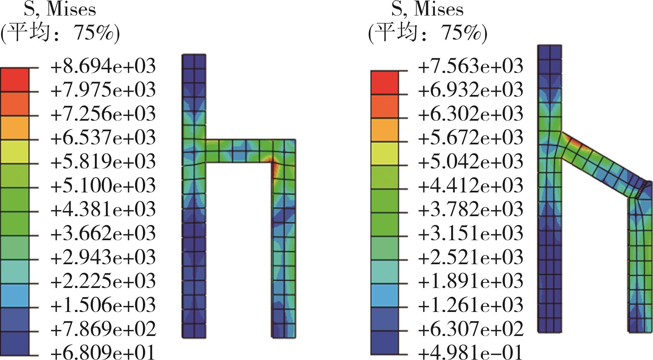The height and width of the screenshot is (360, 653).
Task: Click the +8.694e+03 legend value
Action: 103,66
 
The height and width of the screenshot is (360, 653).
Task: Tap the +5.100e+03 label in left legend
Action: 103,186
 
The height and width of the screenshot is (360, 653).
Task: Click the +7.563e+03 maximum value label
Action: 470,66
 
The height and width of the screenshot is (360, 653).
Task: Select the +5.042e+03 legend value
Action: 470,161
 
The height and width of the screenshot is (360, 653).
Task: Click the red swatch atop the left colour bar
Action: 15,80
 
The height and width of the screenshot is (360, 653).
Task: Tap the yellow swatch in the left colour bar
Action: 15,152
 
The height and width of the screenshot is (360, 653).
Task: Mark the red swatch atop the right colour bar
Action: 384,83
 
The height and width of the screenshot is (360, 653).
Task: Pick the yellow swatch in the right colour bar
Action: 384,154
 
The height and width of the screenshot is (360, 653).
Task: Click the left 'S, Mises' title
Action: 60,10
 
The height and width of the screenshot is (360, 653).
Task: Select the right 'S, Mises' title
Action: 427,10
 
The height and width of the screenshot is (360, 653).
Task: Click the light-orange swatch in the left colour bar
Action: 15,128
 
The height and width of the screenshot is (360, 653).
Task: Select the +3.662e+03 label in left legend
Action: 103,234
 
